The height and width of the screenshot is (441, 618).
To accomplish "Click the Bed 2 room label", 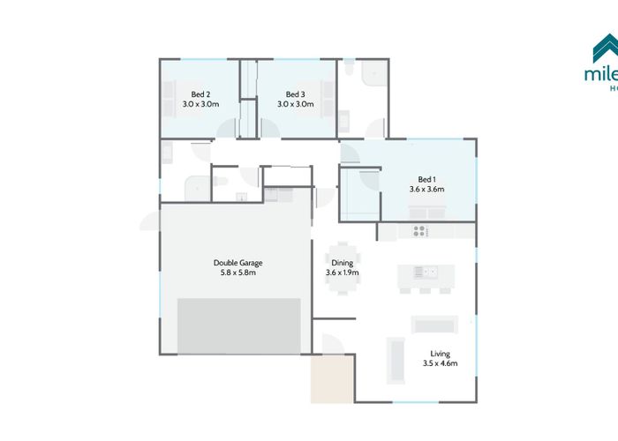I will tap(200, 93).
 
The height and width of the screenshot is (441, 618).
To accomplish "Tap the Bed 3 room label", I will tap(295, 93).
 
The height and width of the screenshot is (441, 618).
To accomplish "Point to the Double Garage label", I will tap(238, 262).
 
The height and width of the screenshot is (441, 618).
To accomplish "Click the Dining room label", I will tap(342, 262).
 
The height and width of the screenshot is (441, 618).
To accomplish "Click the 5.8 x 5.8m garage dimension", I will tap(238, 273).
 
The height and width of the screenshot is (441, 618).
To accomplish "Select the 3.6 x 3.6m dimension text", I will tap(427, 188).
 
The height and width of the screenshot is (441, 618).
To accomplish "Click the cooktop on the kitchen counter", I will tap(420, 231).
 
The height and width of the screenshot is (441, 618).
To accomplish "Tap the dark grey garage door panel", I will tap(239, 325).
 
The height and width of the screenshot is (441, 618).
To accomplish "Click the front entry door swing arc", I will tap(334, 344).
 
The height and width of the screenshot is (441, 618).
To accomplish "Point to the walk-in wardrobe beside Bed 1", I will tap(358, 194).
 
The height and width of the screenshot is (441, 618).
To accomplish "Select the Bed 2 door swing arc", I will tap(226, 128).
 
